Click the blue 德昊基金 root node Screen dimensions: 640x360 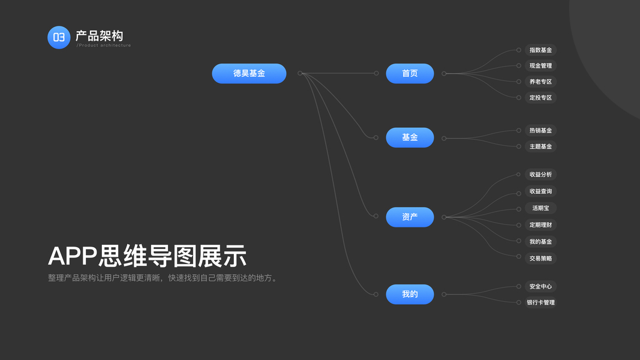point(249,73)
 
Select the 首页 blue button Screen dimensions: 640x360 point(410,73)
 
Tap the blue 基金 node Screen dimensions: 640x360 point(410,137)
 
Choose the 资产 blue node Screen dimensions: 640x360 point(410,217)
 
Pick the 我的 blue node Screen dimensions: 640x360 point(410,294)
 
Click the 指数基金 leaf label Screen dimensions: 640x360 point(540,50)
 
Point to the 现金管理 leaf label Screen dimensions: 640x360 point(540,65)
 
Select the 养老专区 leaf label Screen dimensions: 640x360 point(540,82)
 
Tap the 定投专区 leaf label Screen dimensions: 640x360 point(540,97)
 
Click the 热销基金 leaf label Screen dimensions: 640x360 point(540,130)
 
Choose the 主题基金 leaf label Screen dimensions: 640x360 point(540,146)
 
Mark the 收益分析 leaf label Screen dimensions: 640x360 point(540,175)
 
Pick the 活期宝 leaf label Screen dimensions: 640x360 point(540,208)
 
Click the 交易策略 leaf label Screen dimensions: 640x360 point(540,259)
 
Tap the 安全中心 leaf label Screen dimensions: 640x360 point(540,286)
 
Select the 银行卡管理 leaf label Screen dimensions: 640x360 point(540,302)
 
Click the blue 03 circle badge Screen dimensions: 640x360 point(59,37)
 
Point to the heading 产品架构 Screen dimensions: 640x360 point(99,35)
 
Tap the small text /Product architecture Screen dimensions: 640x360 point(103,46)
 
